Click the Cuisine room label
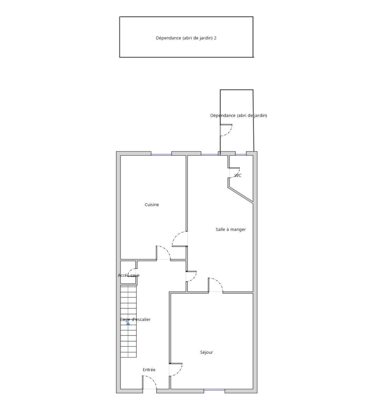[x=152, y=205]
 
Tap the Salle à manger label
[x=231, y=229]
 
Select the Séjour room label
[x=206, y=352]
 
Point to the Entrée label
[x=149, y=370]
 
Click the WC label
[x=238, y=176]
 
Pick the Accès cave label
[x=129, y=275]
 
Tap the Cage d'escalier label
[x=135, y=319]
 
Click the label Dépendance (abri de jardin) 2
[x=186, y=38]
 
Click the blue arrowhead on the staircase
[x=128, y=323]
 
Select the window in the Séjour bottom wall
[x=214, y=390]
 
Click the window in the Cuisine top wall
[x=161, y=155]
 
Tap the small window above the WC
[x=241, y=155]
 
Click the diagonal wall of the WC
[x=241, y=195]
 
